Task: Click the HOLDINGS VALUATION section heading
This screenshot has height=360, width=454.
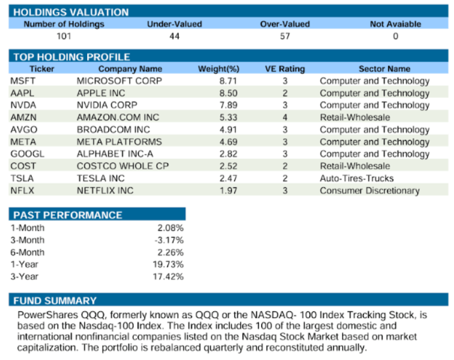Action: (71, 12)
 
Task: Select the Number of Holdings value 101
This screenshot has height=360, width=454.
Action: (64, 36)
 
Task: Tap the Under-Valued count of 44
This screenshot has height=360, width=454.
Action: (174, 36)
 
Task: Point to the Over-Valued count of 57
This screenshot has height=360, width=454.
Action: (285, 36)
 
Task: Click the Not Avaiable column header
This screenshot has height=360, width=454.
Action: (395, 24)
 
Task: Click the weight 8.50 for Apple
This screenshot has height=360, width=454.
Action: (229, 93)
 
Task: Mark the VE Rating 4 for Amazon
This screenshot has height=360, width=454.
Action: (285, 118)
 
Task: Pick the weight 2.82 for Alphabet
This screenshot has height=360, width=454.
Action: (229, 154)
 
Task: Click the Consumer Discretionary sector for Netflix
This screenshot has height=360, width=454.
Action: (369, 191)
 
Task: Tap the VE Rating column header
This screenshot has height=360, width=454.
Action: (285, 69)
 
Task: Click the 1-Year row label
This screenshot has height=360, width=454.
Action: (23, 264)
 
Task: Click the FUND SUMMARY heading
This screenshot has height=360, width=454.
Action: (55, 301)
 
